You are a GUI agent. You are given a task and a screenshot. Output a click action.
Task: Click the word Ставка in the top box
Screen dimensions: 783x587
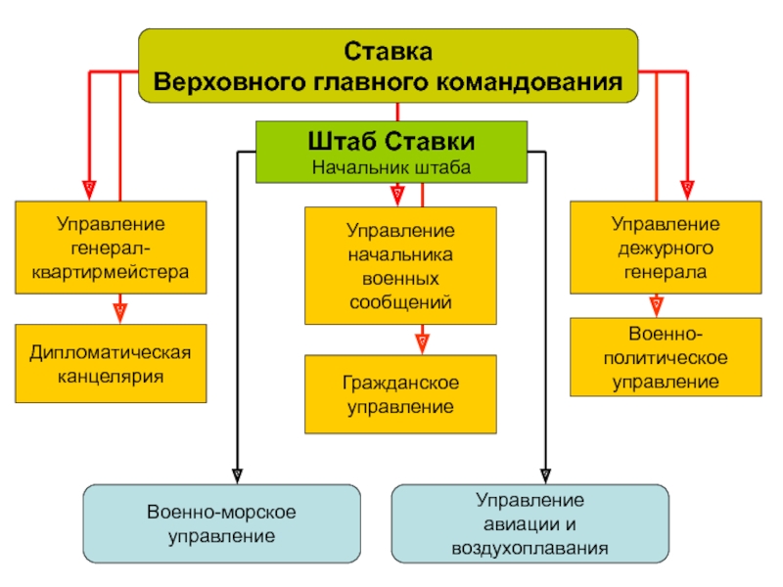click(388, 52)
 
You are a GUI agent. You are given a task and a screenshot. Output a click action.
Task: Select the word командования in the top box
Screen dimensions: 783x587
click(530, 82)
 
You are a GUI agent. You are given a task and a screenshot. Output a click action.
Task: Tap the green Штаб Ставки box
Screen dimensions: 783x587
click(391, 152)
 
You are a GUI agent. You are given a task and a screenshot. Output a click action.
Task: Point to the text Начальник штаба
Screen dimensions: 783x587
click(391, 167)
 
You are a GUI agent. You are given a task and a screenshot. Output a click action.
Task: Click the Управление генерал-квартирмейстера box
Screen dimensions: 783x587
click(111, 248)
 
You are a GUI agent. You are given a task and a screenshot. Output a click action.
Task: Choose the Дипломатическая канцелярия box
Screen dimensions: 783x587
click(111, 363)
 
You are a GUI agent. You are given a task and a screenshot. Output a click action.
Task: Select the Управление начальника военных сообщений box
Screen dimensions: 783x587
click(400, 265)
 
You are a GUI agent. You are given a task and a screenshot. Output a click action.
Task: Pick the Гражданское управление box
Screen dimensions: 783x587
click(400, 394)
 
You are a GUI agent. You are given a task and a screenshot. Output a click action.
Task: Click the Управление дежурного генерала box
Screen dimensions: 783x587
click(666, 248)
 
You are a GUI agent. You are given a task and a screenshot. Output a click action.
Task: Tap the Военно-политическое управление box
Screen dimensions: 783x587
click(666, 357)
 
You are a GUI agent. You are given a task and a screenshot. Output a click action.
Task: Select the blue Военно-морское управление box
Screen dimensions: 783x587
click(222, 523)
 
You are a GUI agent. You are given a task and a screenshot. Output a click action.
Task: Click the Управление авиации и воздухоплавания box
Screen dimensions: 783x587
click(530, 523)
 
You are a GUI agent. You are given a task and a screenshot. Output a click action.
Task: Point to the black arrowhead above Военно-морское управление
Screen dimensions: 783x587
click(238, 476)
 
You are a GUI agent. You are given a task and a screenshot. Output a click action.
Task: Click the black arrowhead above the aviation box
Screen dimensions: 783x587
click(546, 476)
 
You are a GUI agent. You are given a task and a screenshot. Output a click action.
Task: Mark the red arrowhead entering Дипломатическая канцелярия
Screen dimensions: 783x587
click(119, 313)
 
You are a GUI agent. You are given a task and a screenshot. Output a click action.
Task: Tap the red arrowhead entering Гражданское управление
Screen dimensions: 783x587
click(423, 344)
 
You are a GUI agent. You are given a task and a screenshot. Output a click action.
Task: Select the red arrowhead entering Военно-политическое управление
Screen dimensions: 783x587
click(657, 307)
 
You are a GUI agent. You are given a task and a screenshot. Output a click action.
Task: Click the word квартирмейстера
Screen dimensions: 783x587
click(111, 273)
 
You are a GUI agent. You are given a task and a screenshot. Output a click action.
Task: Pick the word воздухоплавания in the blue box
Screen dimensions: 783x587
click(530, 549)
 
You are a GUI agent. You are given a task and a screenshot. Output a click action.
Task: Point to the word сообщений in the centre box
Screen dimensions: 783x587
click(400, 302)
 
